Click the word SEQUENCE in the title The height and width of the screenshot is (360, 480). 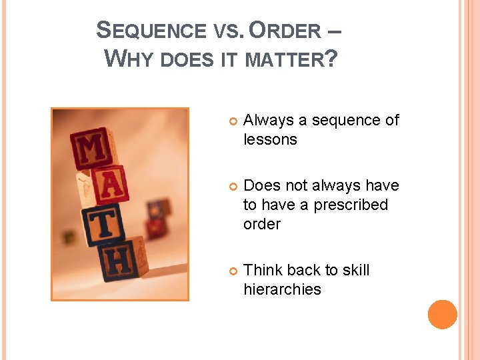(x=152, y=31)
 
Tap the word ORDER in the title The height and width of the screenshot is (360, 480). (x=285, y=31)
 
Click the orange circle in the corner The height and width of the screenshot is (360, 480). (x=443, y=315)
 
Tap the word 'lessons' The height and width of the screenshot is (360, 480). (x=270, y=139)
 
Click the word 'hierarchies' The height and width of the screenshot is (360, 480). (x=282, y=289)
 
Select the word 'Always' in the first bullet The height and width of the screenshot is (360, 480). (x=269, y=121)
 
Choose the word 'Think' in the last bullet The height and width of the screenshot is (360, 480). (x=263, y=270)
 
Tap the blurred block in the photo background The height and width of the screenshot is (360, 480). (x=158, y=211)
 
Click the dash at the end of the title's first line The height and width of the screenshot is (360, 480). (x=335, y=31)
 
